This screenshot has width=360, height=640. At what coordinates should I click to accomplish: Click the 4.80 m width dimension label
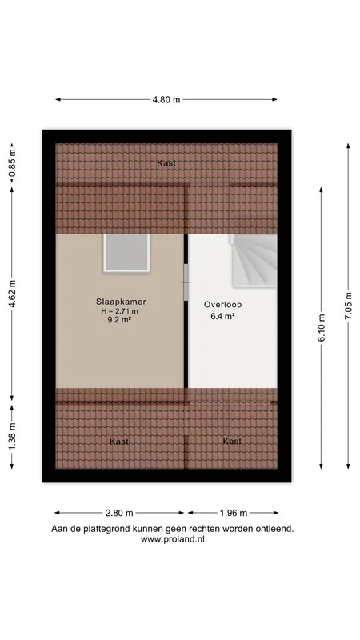click(166, 99)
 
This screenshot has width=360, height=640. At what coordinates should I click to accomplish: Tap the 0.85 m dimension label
click(12, 166)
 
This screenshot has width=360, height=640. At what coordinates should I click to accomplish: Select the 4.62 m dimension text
click(12, 294)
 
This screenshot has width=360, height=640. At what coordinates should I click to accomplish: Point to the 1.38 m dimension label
click(12, 436)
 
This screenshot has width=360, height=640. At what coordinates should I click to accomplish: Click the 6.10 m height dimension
click(322, 328)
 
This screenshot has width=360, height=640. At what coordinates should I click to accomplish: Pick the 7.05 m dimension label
click(349, 306)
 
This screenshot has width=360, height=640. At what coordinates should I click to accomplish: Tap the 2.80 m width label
click(119, 513)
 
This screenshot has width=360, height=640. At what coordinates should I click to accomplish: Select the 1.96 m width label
click(233, 513)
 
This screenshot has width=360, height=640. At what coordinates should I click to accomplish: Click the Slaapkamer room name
click(121, 302)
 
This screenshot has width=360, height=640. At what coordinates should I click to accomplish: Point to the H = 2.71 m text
click(120, 311)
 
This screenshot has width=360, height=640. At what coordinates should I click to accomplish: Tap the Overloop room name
click(223, 305)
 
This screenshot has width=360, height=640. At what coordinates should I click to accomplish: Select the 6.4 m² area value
click(223, 316)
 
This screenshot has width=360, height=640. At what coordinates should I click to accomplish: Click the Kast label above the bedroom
click(166, 163)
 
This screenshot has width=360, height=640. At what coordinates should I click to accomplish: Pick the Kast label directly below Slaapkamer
click(119, 442)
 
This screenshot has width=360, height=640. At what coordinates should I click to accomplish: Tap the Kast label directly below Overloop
click(232, 442)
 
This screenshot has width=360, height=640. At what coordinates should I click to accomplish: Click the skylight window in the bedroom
click(126, 253)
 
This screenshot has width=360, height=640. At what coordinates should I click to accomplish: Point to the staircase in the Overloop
click(254, 261)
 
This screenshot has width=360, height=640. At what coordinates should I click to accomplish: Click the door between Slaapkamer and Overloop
click(186, 282)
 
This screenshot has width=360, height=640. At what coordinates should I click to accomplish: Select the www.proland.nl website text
click(172, 539)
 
